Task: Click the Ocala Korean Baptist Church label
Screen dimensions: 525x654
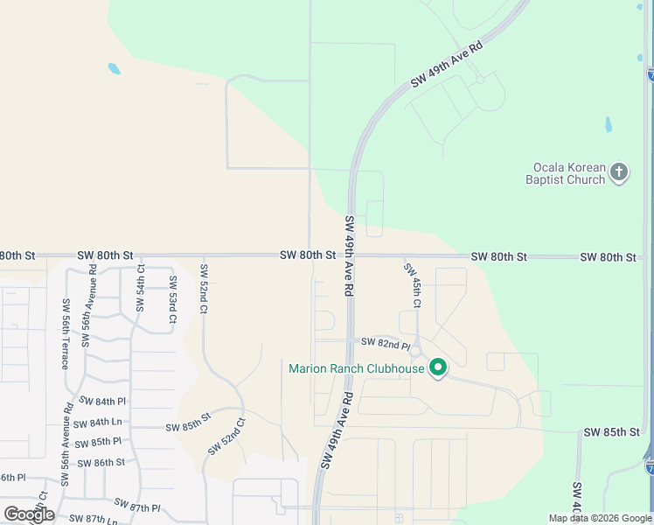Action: (569, 173)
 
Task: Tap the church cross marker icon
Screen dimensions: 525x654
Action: (619, 171)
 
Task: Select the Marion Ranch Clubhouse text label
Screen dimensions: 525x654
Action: (357, 368)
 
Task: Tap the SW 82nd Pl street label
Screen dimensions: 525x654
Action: (386, 342)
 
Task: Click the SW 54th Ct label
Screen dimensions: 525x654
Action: (140, 288)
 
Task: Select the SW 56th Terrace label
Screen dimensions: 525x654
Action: (65, 333)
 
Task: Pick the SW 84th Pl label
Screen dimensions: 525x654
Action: (102, 401)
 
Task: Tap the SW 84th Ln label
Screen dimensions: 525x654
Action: (110, 423)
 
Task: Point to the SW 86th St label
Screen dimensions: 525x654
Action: (101, 462)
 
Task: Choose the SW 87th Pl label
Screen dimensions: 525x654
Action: (137, 506)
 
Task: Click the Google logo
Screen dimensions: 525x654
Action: (29, 514)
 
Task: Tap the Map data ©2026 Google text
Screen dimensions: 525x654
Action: (600, 518)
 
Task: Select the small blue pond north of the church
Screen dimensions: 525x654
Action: (609, 124)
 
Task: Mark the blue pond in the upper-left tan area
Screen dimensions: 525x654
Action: (114, 68)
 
